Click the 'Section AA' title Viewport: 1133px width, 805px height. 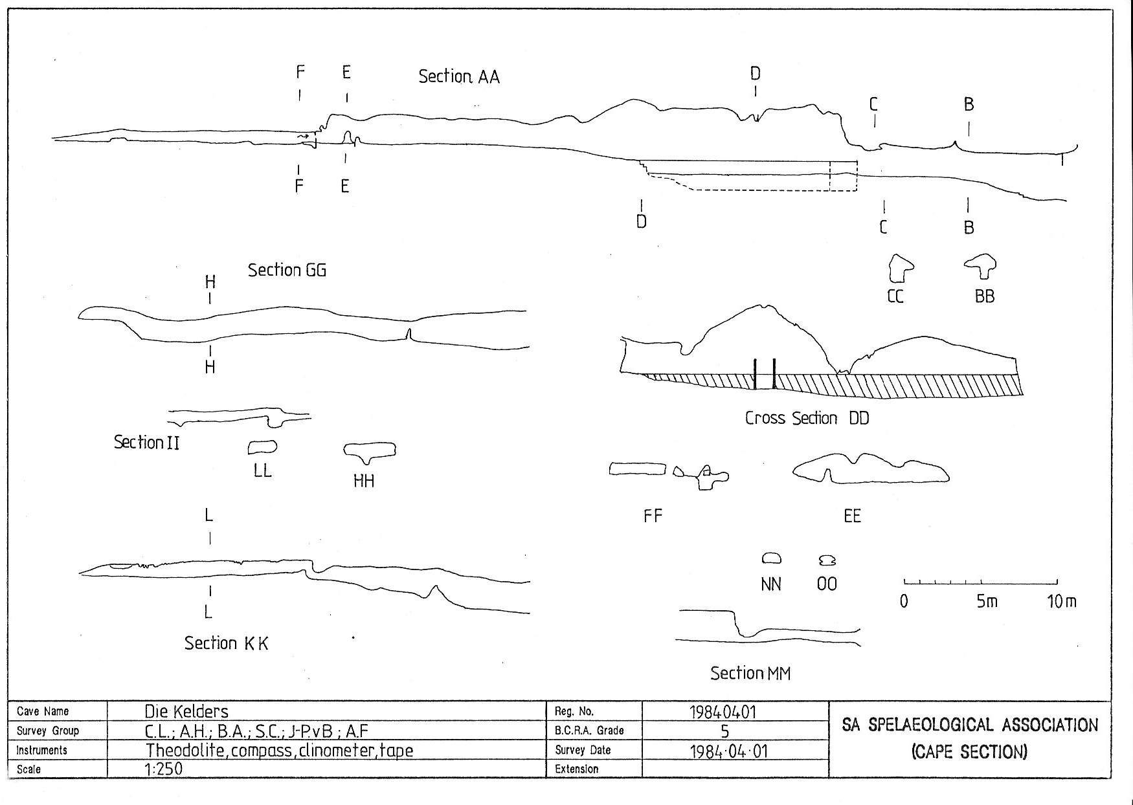[x=458, y=76]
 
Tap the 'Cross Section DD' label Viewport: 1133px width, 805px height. [x=807, y=418]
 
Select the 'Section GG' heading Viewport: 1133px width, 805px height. [x=287, y=270]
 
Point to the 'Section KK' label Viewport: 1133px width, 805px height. [x=226, y=643]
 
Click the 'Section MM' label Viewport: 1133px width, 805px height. [x=750, y=673]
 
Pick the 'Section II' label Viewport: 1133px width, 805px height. [x=146, y=443]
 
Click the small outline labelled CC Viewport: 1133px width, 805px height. [x=900, y=269]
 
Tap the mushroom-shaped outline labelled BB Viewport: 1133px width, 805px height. [x=982, y=265]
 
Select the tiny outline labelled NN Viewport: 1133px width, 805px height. [x=771, y=558]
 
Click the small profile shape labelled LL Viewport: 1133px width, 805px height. [x=262, y=447]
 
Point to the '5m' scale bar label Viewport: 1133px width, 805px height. [x=987, y=602]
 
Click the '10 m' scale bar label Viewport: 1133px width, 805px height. [x=1061, y=602]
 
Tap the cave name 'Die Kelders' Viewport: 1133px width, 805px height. [x=186, y=712]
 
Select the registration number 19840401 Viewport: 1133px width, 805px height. [x=723, y=712]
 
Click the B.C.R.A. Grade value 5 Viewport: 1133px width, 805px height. [x=725, y=731]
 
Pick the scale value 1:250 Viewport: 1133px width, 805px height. [x=164, y=769]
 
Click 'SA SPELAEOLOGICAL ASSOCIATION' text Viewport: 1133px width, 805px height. [x=970, y=725]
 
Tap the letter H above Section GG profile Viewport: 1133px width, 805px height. [x=210, y=282]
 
